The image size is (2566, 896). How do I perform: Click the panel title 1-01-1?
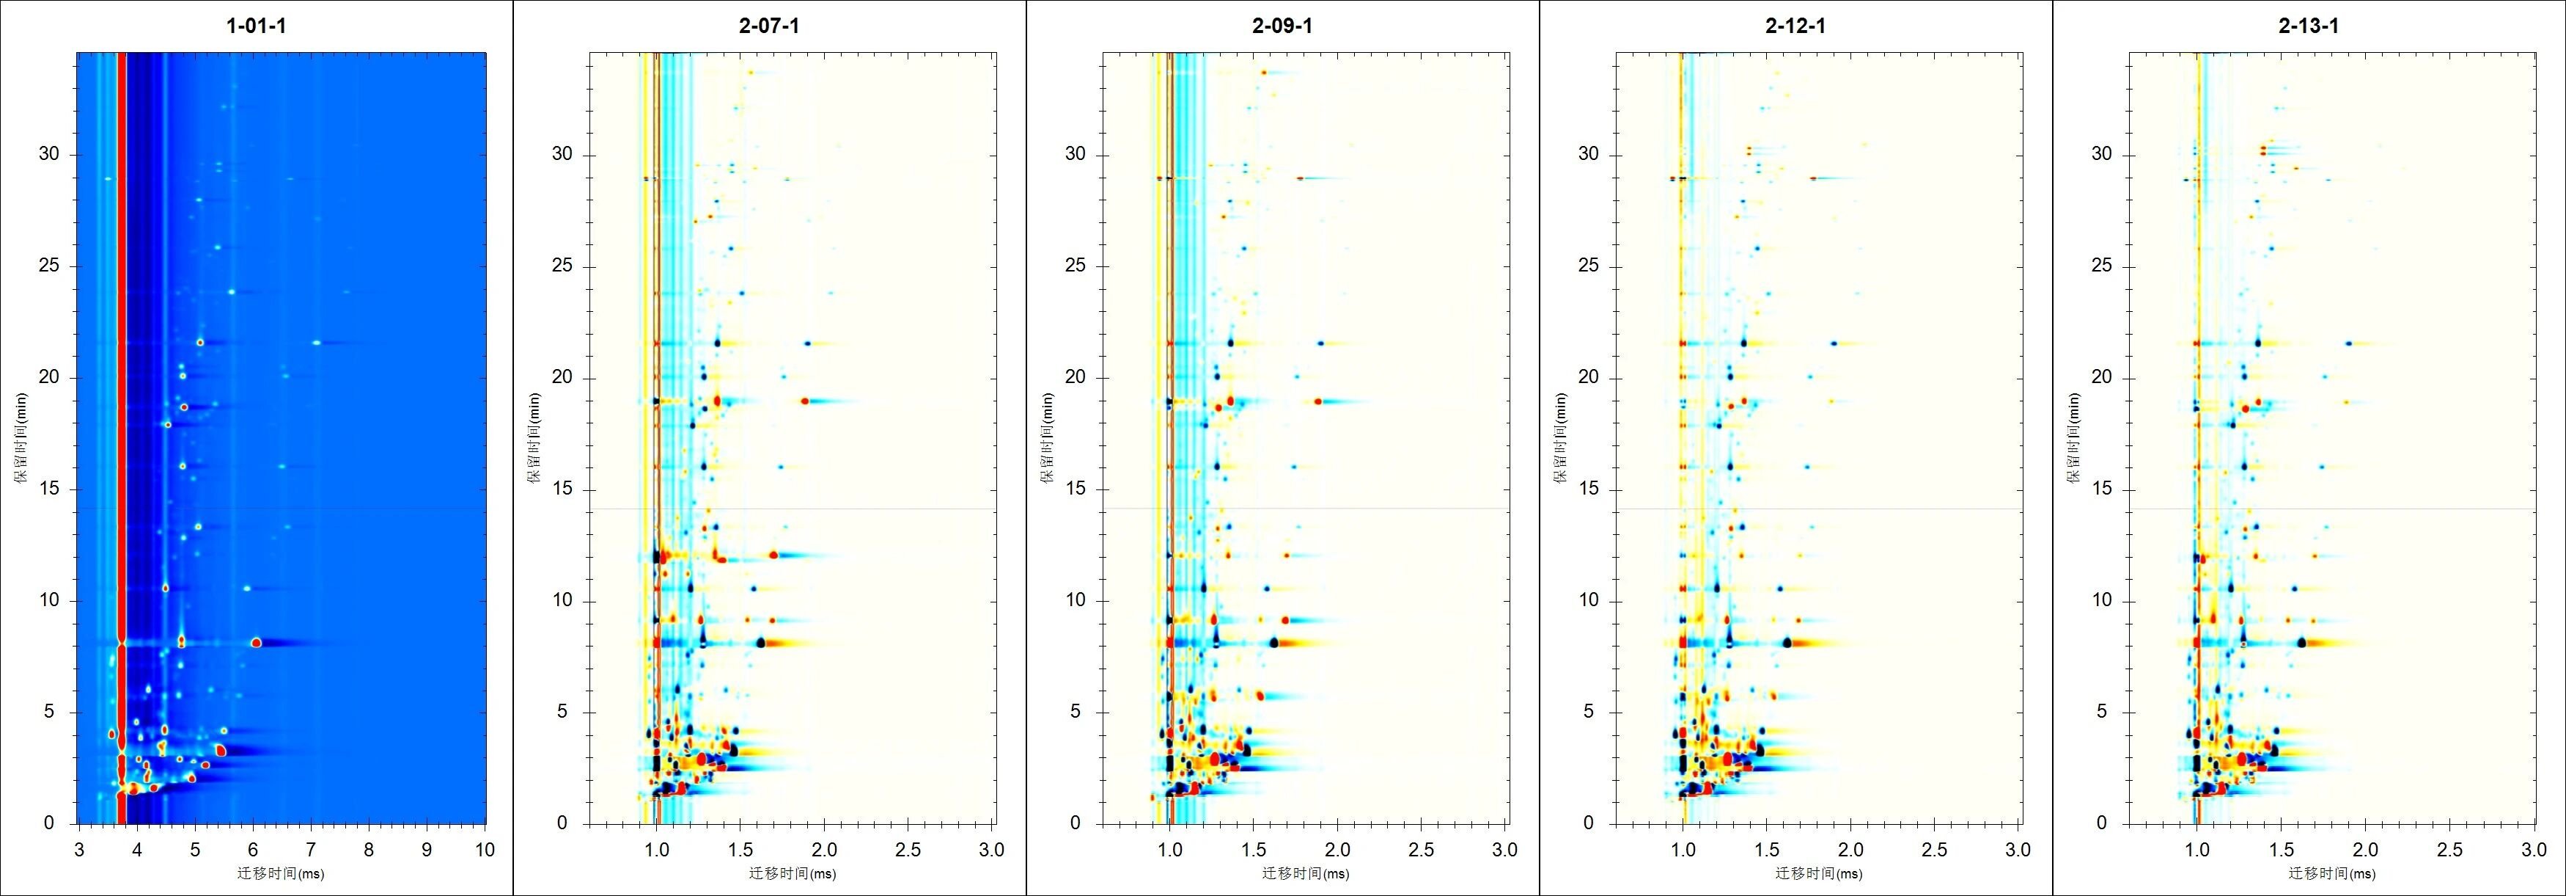(x=256, y=26)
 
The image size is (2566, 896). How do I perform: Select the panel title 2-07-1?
(x=769, y=26)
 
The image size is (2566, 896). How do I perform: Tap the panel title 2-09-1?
(x=1282, y=26)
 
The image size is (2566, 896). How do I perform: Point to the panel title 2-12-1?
(x=1795, y=26)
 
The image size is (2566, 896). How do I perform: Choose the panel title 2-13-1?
(x=2308, y=26)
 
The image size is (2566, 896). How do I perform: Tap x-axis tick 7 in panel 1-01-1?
(x=311, y=849)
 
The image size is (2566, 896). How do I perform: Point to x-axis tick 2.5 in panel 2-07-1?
(x=908, y=849)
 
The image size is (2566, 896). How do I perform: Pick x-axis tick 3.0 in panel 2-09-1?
(x=1504, y=849)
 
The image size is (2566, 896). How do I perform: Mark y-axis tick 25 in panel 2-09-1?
(x=1075, y=266)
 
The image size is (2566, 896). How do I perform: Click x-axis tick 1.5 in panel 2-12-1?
(x=1766, y=849)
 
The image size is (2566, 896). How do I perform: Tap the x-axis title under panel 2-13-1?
(x=2332, y=874)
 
